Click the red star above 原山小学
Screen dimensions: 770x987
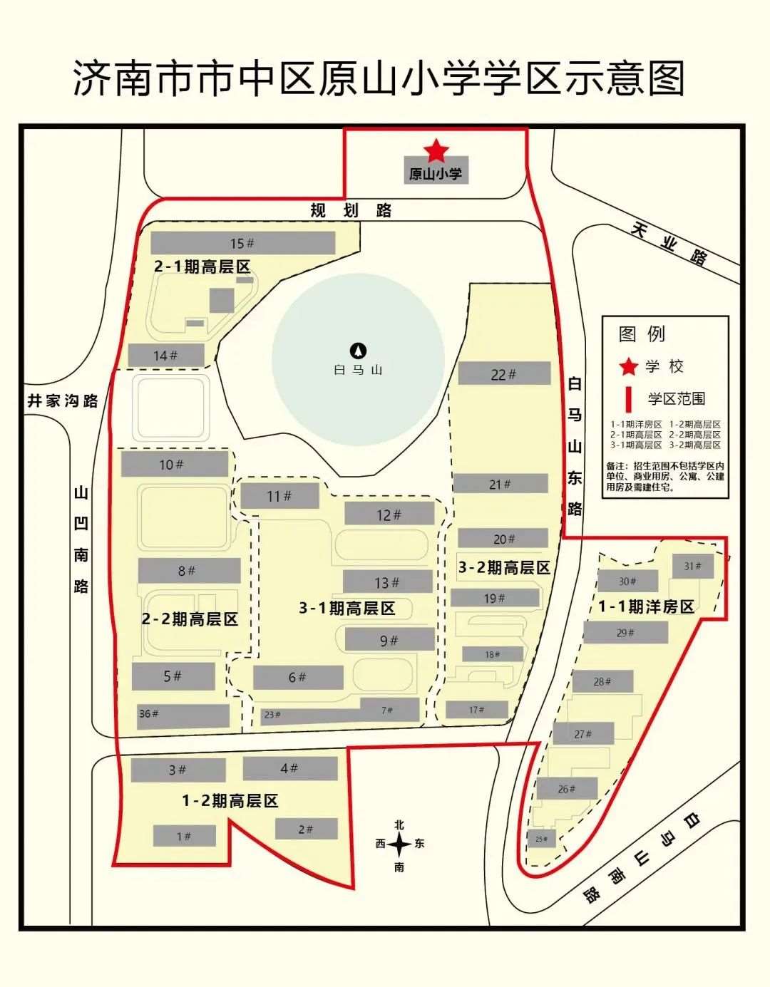point(436,151)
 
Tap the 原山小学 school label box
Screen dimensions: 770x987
point(436,173)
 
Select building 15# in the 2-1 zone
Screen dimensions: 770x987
point(242,243)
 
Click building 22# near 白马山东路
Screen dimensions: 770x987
point(503,374)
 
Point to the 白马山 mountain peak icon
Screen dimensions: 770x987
point(358,351)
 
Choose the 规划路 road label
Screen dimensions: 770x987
point(351,210)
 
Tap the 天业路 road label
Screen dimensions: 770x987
point(669,244)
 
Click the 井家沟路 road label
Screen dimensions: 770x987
point(63,401)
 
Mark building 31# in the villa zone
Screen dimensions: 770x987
point(692,567)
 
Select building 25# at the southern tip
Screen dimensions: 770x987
point(541,839)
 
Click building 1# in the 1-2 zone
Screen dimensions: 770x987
point(184,836)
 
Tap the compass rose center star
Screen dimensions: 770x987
point(399,845)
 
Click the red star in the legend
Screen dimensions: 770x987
point(628,366)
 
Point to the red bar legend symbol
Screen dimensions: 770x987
point(628,398)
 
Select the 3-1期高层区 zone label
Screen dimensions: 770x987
point(346,608)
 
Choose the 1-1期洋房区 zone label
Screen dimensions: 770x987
point(646,606)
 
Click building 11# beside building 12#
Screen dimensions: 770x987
point(279,496)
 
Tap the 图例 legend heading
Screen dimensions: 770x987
point(642,334)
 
